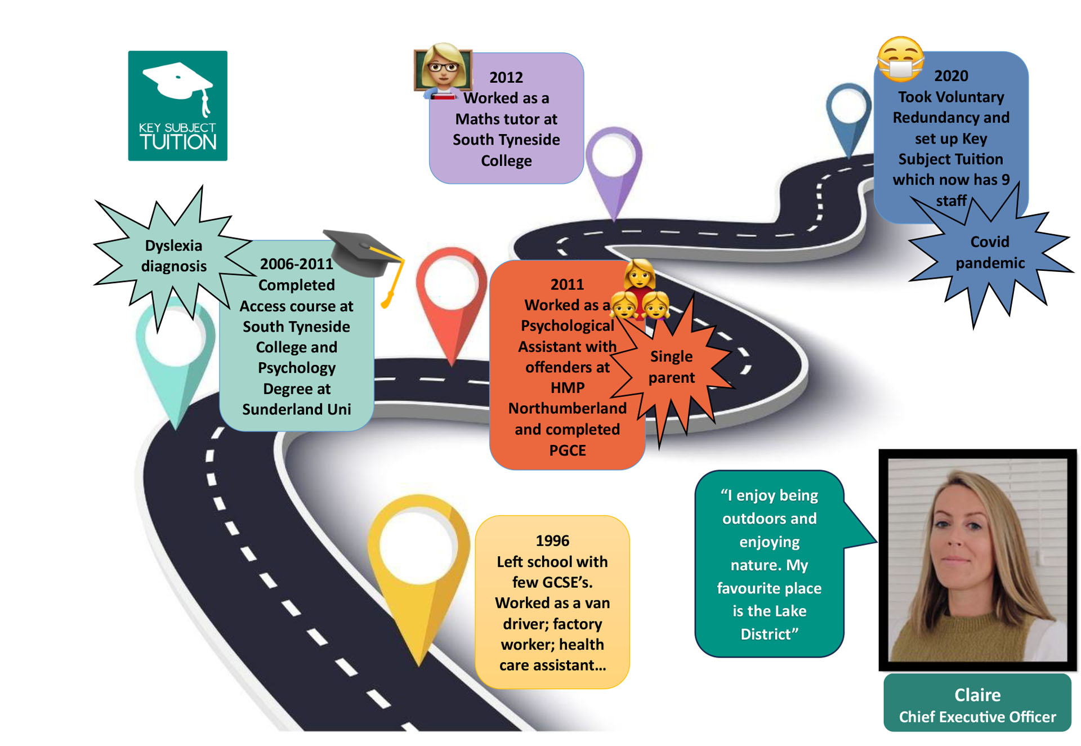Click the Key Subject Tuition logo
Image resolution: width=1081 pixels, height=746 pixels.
[177, 106]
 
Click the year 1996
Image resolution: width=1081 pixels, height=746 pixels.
[552, 540]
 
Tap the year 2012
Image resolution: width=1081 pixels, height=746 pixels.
[506, 77]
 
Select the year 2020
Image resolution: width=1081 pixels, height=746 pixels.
[951, 75]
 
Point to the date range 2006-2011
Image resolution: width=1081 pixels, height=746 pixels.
[296, 263]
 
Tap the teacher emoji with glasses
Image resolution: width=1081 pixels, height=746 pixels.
[443, 70]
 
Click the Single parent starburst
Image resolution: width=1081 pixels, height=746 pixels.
[671, 367]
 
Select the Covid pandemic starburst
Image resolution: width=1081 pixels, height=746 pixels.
[989, 252]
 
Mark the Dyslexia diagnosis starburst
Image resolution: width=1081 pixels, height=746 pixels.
[173, 256]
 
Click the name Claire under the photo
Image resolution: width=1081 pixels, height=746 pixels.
[977, 695]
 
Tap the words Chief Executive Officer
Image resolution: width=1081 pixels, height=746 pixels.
[977, 717]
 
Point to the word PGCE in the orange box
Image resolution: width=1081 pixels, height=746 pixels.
[567, 450]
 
